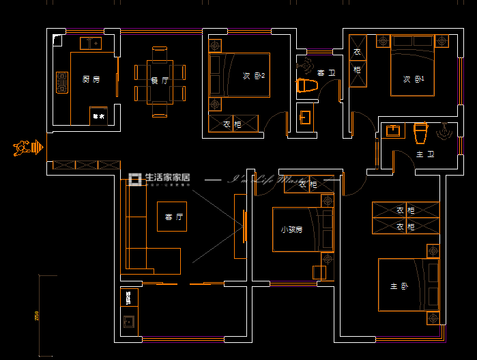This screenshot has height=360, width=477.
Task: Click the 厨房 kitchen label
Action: coord(91,80)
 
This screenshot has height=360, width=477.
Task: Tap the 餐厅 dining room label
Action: coord(160,81)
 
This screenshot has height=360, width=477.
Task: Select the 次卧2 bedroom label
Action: coord(254,76)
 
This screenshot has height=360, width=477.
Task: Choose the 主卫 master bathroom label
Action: coord(424,155)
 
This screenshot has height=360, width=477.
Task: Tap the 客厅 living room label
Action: coord(174,217)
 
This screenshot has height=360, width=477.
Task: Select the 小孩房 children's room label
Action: coord(291,230)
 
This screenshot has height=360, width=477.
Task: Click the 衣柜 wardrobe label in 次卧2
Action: coord(232,124)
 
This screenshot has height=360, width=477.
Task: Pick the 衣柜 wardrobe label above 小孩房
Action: coord(308,184)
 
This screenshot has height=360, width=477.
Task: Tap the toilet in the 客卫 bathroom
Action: coord(308,86)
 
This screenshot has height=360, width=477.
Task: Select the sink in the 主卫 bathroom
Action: coord(393,130)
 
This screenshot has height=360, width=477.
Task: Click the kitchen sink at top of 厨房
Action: coord(91,44)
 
